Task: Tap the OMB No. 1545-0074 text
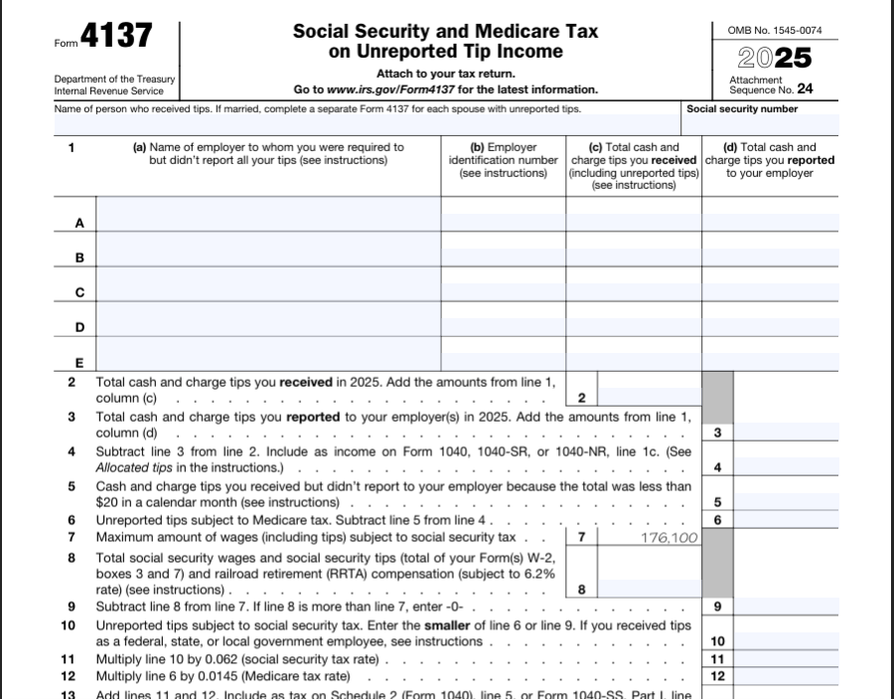coord(775,30)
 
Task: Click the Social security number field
coord(761,125)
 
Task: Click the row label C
coord(79,292)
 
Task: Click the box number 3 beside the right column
coord(717,433)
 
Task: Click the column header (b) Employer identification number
coord(504,159)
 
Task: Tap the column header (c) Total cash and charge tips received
coord(634,165)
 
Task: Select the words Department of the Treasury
coord(115,80)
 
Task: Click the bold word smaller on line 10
coord(453,625)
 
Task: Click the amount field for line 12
coord(785,676)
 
